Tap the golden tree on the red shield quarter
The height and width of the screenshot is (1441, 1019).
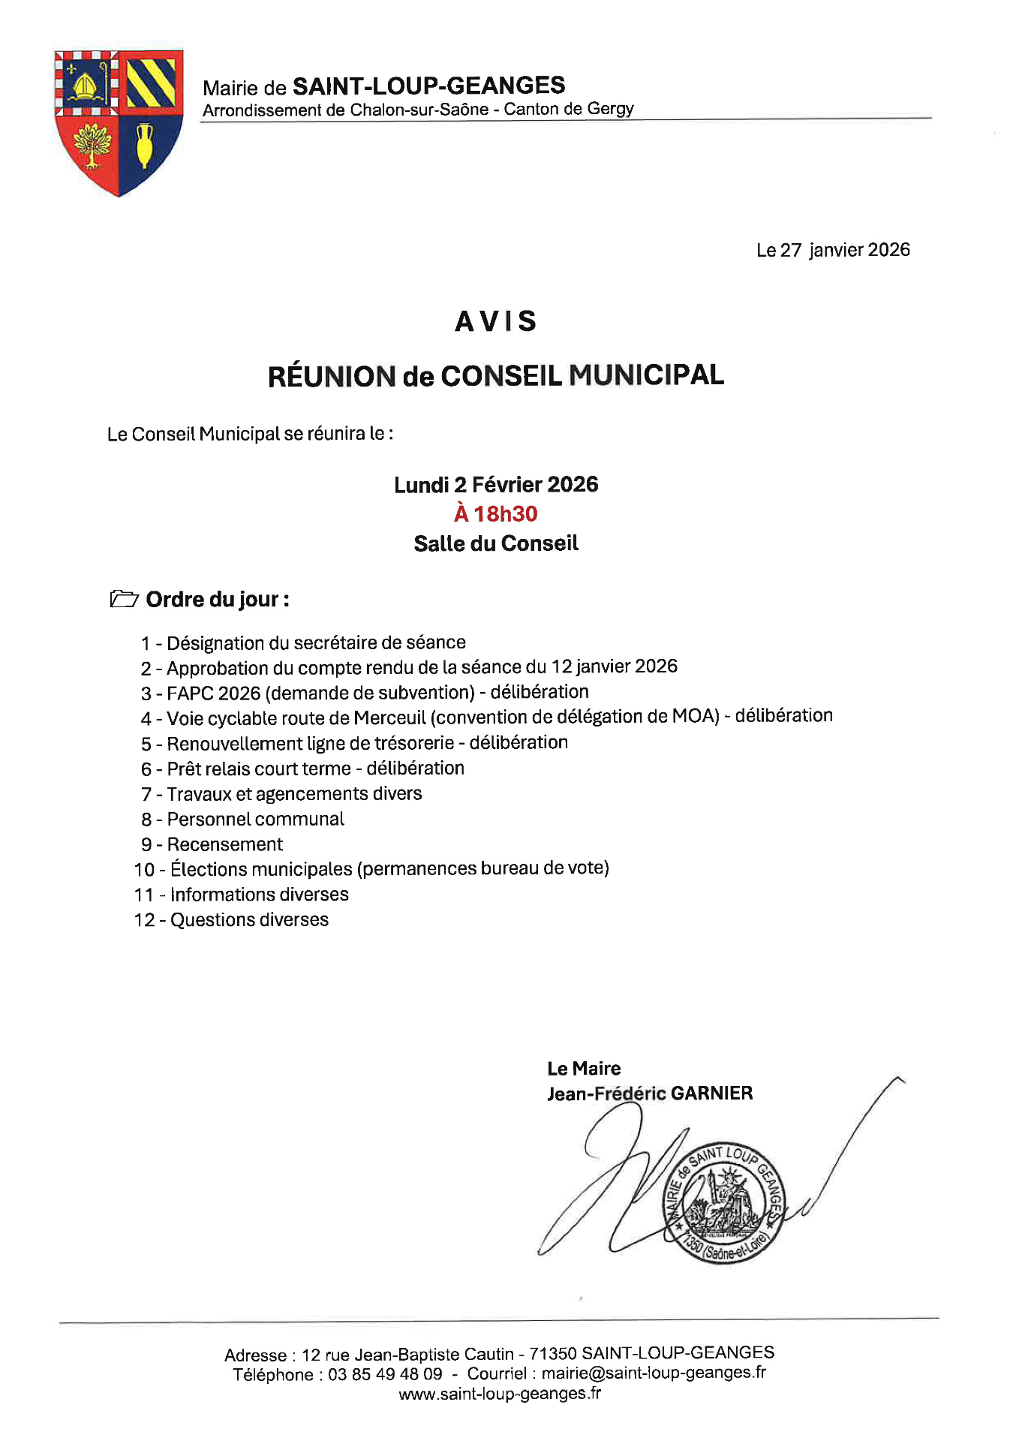click(92, 144)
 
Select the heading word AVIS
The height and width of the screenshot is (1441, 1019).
click(496, 321)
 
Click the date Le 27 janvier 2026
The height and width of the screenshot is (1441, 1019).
click(833, 250)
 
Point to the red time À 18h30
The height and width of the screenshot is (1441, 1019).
click(496, 514)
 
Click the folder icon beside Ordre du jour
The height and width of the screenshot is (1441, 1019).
click(124, 599)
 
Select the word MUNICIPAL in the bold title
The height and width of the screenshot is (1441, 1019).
click(646, 375)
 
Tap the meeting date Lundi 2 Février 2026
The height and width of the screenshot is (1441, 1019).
click(496, 485)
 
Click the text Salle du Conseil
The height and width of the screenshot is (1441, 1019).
click(496, 543)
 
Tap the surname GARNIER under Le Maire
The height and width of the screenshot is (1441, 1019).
click(711, 1093)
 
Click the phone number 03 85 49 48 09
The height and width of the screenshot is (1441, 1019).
click(385, 1374)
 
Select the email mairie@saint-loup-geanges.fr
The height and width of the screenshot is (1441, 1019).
click(654, 1373)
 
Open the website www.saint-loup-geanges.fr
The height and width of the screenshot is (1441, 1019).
click(500, 1394)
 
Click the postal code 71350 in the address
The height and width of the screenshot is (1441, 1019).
click(552, 1353)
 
